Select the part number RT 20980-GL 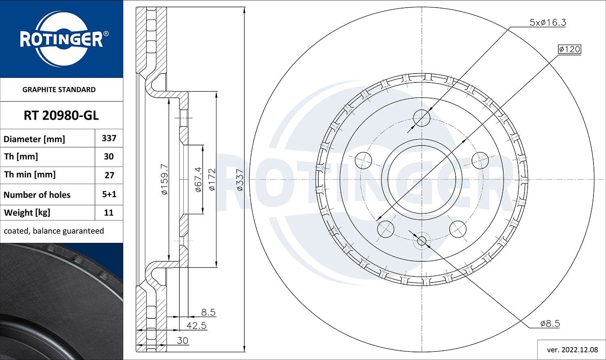click(x=61, y=116)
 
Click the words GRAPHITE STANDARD click(x=59, y=90)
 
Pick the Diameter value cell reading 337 click(x=109, y=138)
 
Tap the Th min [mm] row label click(x=29, y=175)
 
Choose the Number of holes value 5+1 click(x=109, y=194)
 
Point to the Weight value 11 click(x=109, y=213)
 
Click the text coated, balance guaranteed click(x=54, y=231)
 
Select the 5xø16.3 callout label click(x=547, y=23)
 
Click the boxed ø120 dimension click(x=569, y=49)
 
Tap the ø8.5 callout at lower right click(x=550, y=323)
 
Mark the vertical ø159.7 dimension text click(x=164, y=179)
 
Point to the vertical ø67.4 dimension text click(x=198, y=179)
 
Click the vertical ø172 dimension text click(x=212, y=179)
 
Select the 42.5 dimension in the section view click(x=196, y=325)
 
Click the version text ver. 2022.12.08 click(x=572, y=349)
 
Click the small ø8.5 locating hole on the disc click(x=422, y=241)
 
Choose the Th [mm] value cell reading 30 click(x=109, y=157)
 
